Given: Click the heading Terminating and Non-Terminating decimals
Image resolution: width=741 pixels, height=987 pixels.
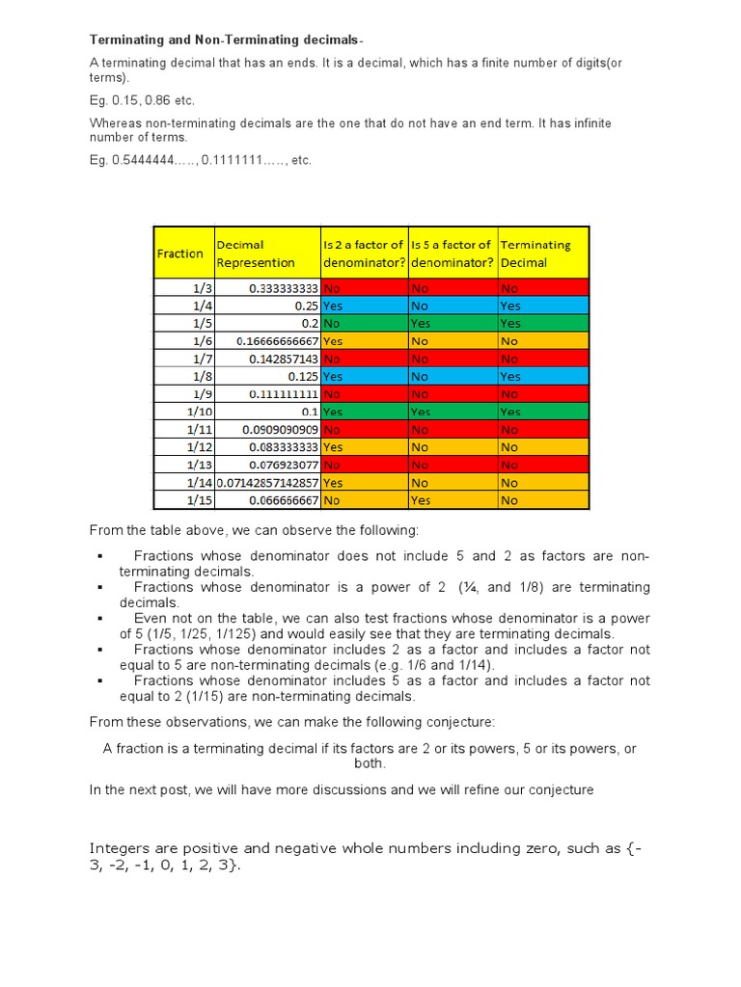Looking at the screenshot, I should tap(227, 40).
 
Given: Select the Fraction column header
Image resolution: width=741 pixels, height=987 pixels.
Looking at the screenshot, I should tap(180, 253).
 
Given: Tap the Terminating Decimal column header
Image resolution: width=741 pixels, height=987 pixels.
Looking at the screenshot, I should tap(535, 253).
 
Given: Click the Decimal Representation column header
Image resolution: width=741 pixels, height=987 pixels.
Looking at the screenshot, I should tap(256, 253).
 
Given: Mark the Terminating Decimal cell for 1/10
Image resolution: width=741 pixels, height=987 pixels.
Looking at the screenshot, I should tap(543, 412).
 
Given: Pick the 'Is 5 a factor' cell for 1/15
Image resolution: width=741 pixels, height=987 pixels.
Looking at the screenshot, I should tap(453, 500).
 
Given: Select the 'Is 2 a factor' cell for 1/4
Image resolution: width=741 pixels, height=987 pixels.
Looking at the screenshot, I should tap(364, 305).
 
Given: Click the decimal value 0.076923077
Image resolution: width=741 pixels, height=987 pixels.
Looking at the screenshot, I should tap(283, 465).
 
